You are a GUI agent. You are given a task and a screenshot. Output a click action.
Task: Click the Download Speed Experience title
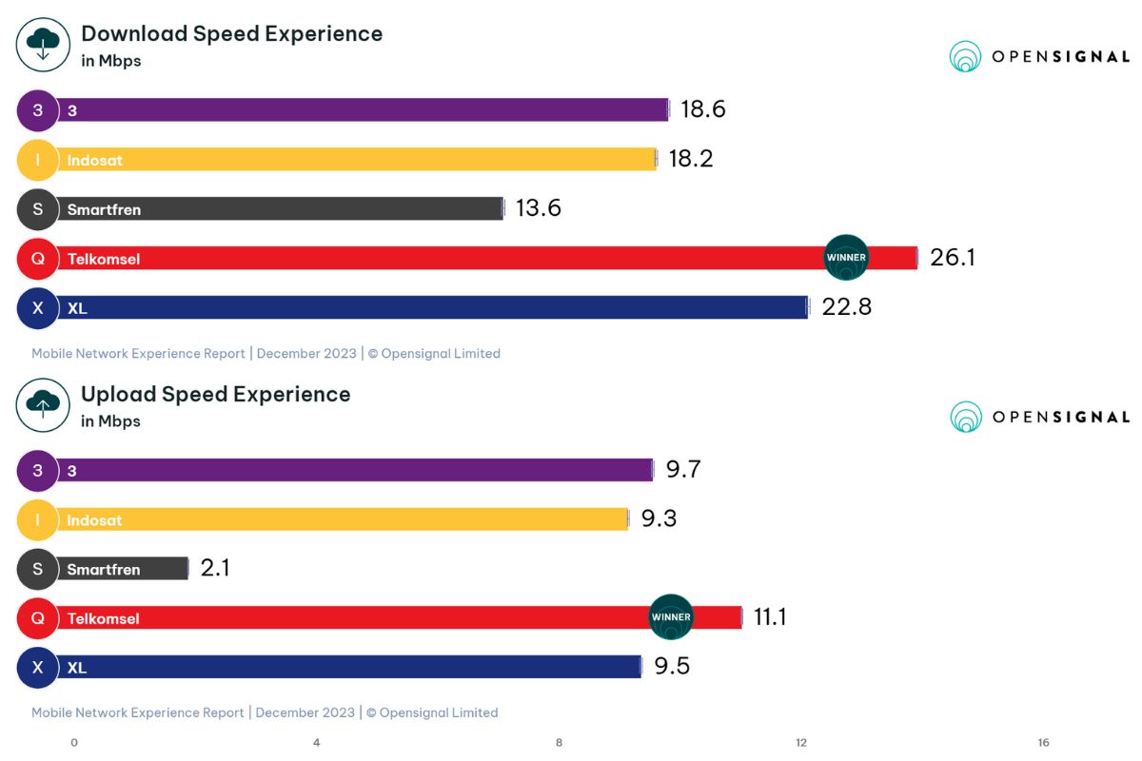coord(231,34)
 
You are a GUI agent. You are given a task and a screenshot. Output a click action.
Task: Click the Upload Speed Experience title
coord(215,395)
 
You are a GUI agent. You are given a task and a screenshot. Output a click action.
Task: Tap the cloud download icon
coord(43,44)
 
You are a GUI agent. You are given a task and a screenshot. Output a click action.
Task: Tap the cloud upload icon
coord(43,404)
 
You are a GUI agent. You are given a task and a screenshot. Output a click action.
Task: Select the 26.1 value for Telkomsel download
coord(952,258)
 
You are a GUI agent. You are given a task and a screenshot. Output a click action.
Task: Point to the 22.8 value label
coord(849,307)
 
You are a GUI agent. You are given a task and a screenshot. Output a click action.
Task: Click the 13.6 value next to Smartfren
coord(539,208)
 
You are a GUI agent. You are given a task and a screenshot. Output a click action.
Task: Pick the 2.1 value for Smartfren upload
coord(215,569)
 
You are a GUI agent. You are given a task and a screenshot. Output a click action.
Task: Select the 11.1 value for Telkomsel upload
coord(770,617)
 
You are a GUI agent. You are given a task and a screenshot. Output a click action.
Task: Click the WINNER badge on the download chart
coord(846,258)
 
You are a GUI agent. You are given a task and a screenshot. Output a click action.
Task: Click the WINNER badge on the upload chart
coord(671,617)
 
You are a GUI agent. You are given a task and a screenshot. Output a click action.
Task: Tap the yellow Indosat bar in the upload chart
coord(343,519)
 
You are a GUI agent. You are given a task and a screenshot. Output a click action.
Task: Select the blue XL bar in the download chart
coord(428,307)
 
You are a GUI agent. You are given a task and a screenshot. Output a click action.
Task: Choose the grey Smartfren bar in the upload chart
coord(124,569)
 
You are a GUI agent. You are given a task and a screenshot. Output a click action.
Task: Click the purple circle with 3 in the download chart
coord(38,110)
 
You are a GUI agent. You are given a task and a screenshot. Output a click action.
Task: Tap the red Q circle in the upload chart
coord(38,618)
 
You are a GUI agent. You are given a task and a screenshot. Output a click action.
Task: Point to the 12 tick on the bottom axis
coord(801,743)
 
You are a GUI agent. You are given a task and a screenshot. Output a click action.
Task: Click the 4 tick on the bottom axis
coord(317,743)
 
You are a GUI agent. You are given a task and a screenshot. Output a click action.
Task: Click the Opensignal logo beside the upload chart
coord(1039,417)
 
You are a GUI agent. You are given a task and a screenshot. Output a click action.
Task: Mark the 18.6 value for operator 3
coord(702,109)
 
